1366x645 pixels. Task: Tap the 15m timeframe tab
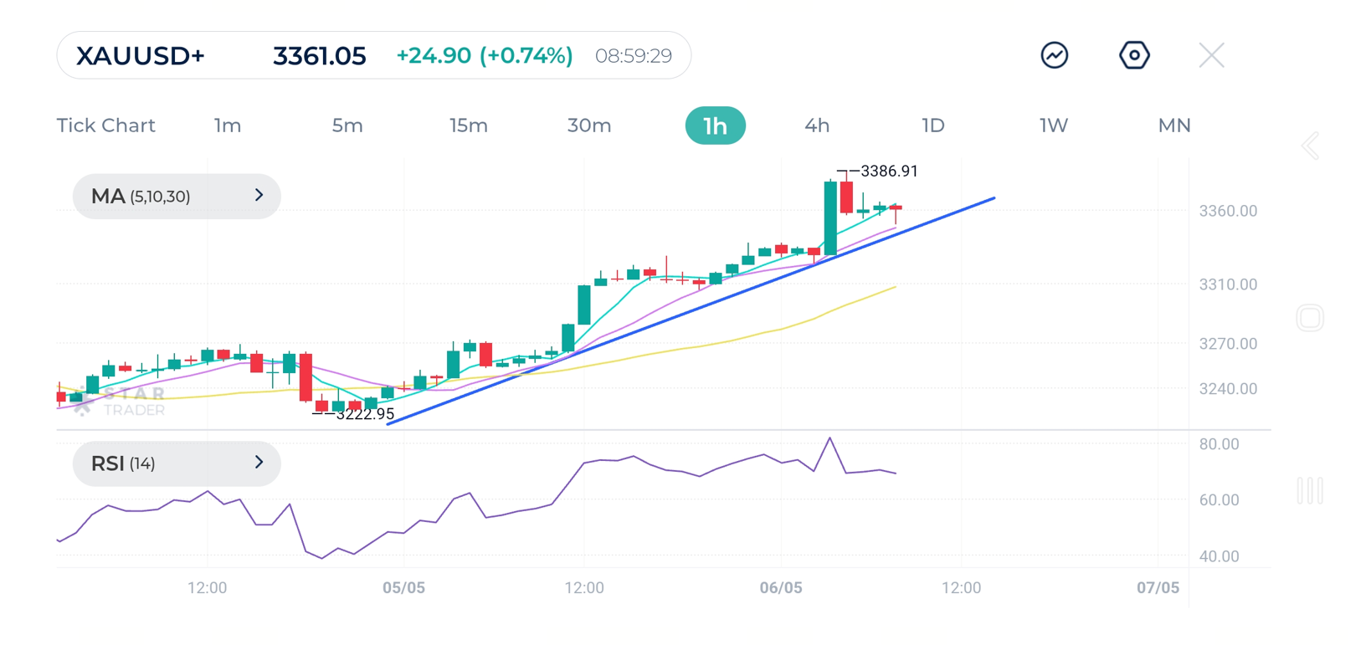(x=468, y=125)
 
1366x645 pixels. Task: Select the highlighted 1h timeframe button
(x=715, y=125)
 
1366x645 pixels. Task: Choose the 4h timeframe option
(x=817, y=125)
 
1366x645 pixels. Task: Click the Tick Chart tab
(x=106, y=125)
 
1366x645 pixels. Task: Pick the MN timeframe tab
(x=1173, y=125)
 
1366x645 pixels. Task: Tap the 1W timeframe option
(x=1054, y=125)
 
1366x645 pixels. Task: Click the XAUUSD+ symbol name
(x=141, y=56)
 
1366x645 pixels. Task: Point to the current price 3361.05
(x=319, y=56)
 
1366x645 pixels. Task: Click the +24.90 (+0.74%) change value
(x=485, y=56)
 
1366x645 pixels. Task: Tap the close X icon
(x=1211, y=56)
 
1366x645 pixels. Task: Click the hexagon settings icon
(x=1134, y=56)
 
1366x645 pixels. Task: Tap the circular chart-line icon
(x=1055, y=56)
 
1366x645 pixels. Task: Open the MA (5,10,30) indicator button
(x=177, y=197)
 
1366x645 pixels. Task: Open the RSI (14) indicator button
(x=177, y=463)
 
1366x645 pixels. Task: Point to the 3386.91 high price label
(x=889, y=171)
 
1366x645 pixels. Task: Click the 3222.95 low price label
(x=365, y=414)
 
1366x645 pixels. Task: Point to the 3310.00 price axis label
(x=1228, y=285)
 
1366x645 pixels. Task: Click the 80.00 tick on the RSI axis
(x=1219, y=444)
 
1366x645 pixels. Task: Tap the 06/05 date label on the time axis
(x=781, y=588)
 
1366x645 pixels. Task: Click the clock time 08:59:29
(x=634, y=56)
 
